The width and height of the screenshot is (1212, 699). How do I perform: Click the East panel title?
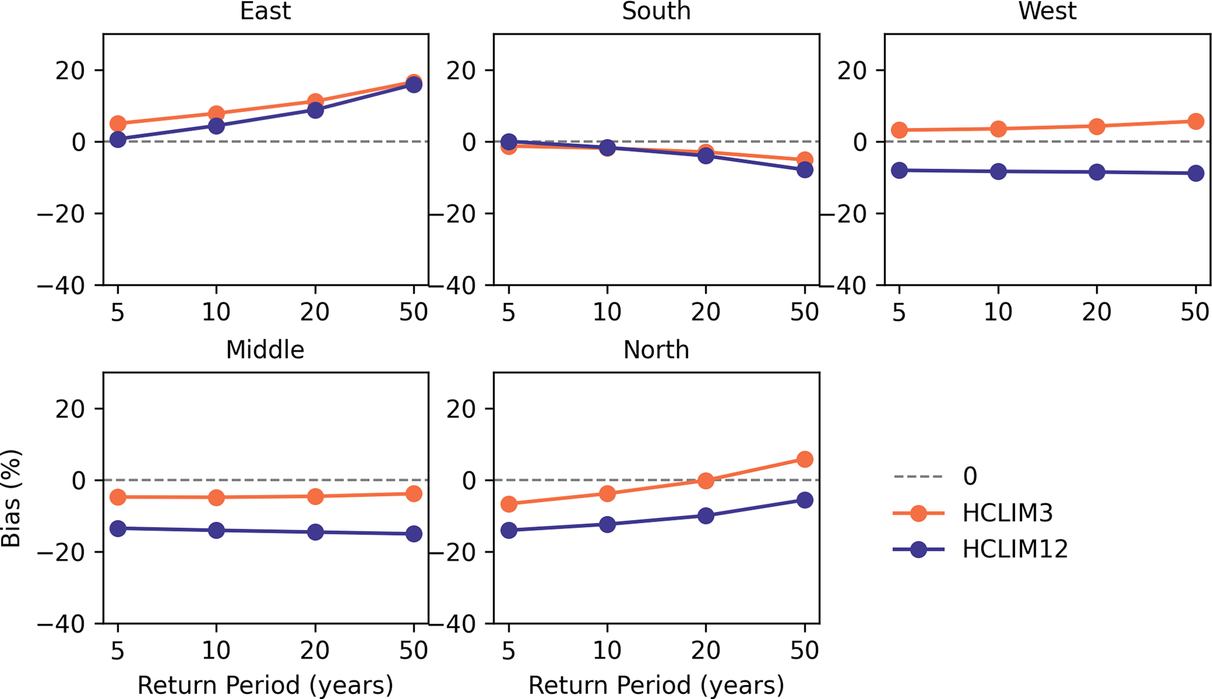265,11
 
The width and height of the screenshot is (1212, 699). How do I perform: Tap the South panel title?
656,11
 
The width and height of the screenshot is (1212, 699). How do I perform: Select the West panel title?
1047,11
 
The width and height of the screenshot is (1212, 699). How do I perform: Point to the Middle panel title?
265,349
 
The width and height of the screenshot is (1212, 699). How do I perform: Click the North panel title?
656,349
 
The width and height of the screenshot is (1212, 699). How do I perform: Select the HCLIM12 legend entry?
1014,549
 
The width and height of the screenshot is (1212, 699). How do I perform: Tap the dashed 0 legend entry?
970,476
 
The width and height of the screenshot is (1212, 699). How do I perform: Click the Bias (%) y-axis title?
12,498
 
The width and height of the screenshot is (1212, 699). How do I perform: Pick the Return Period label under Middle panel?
265,685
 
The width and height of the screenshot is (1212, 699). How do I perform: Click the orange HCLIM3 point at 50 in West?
1196,121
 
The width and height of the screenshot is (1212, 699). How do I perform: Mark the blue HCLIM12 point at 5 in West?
899,171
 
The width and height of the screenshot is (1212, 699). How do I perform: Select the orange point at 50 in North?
805,459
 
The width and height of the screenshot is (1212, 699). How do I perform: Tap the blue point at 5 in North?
508,531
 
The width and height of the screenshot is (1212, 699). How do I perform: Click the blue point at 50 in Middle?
414,534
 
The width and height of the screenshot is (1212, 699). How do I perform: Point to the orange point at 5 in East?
118,123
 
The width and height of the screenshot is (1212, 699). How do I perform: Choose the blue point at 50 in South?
805,170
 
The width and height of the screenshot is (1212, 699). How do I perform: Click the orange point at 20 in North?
706,481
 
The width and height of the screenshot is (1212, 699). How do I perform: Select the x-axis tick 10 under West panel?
998,312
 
